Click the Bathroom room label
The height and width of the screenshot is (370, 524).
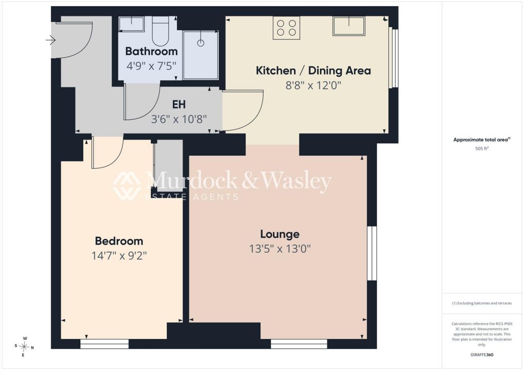click(151, 52)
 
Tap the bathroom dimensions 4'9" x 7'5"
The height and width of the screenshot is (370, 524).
click(151, 66)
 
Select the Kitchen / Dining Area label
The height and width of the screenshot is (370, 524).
click(313, 71)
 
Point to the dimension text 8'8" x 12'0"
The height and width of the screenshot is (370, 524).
click(313, 85)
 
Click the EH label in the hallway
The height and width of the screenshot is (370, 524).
click(179, 104)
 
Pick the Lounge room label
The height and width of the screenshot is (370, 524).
click(280, 234)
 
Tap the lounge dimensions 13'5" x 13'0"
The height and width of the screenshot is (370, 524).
click(280, 249)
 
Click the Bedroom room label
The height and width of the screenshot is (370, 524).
click(119, 241)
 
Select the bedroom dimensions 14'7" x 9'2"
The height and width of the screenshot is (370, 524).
click(119, 256)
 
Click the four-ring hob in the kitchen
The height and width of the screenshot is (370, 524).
click(287, 28)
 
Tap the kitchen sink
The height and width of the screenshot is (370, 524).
click(348, 26)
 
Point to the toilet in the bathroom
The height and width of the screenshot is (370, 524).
click(160, 31)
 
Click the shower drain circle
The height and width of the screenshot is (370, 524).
click(201, 43)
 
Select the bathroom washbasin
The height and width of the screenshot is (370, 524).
click(132, 24)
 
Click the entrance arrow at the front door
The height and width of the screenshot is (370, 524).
click(51, 40)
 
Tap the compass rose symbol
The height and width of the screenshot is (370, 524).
click(24, 347)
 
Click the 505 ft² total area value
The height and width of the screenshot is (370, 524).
click(482, 149)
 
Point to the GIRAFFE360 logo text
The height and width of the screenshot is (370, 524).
click(482, 355)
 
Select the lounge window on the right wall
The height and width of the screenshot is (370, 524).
click(372, 253)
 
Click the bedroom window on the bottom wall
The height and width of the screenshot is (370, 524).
click(104, 344)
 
